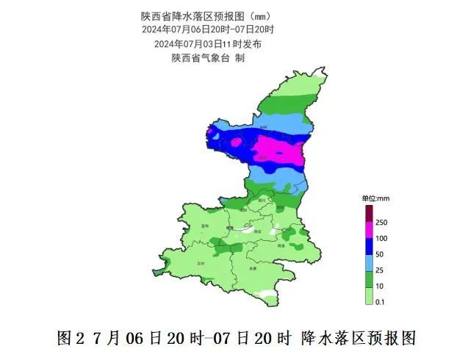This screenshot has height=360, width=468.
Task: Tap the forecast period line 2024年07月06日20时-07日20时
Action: [x=208, y=29]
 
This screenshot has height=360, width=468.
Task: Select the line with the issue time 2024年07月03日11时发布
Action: [x=208, y=43]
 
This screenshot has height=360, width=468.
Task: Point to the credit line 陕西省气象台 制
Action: [x=208, y=57]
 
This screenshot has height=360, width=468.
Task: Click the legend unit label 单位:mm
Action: [x=375, y=198]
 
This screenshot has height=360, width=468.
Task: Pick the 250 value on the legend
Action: [x=381, y=223]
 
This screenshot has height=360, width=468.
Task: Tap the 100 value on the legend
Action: [x=381, y=239]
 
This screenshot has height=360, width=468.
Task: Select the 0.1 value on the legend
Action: [x=380, y=301]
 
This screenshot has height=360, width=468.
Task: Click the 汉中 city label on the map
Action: [x=201, y=262]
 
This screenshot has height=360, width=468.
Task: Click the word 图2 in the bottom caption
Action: [x=68, y=339]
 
